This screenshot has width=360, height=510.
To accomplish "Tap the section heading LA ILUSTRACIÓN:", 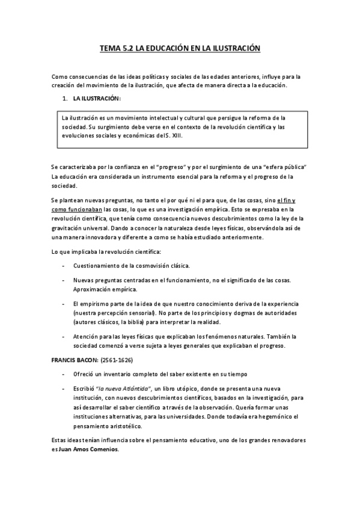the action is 97,97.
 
